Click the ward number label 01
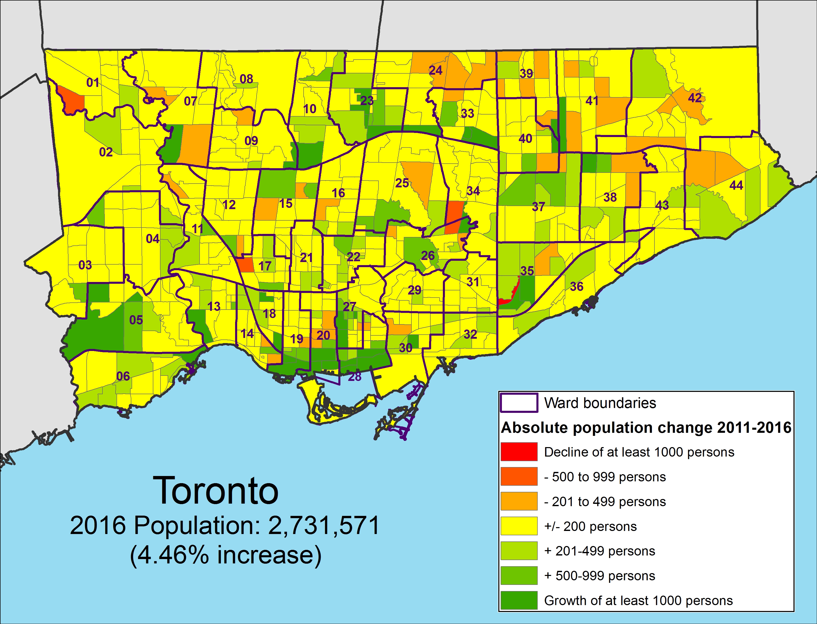click(x=93, y=83)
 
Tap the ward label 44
click(x=736, y=185)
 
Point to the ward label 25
click(x=402, y=183)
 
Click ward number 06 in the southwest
click(x=123, y=376)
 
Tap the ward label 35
click(x=527, y=271)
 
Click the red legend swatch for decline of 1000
click(x=519, y=452)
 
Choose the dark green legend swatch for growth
click(x=519, y=600)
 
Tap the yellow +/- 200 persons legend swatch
click(x=519, y=526)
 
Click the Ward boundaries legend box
click(x=519, y=403)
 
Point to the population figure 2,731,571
click(x=323, y=526)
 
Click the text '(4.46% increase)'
click(x=225, y=555)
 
